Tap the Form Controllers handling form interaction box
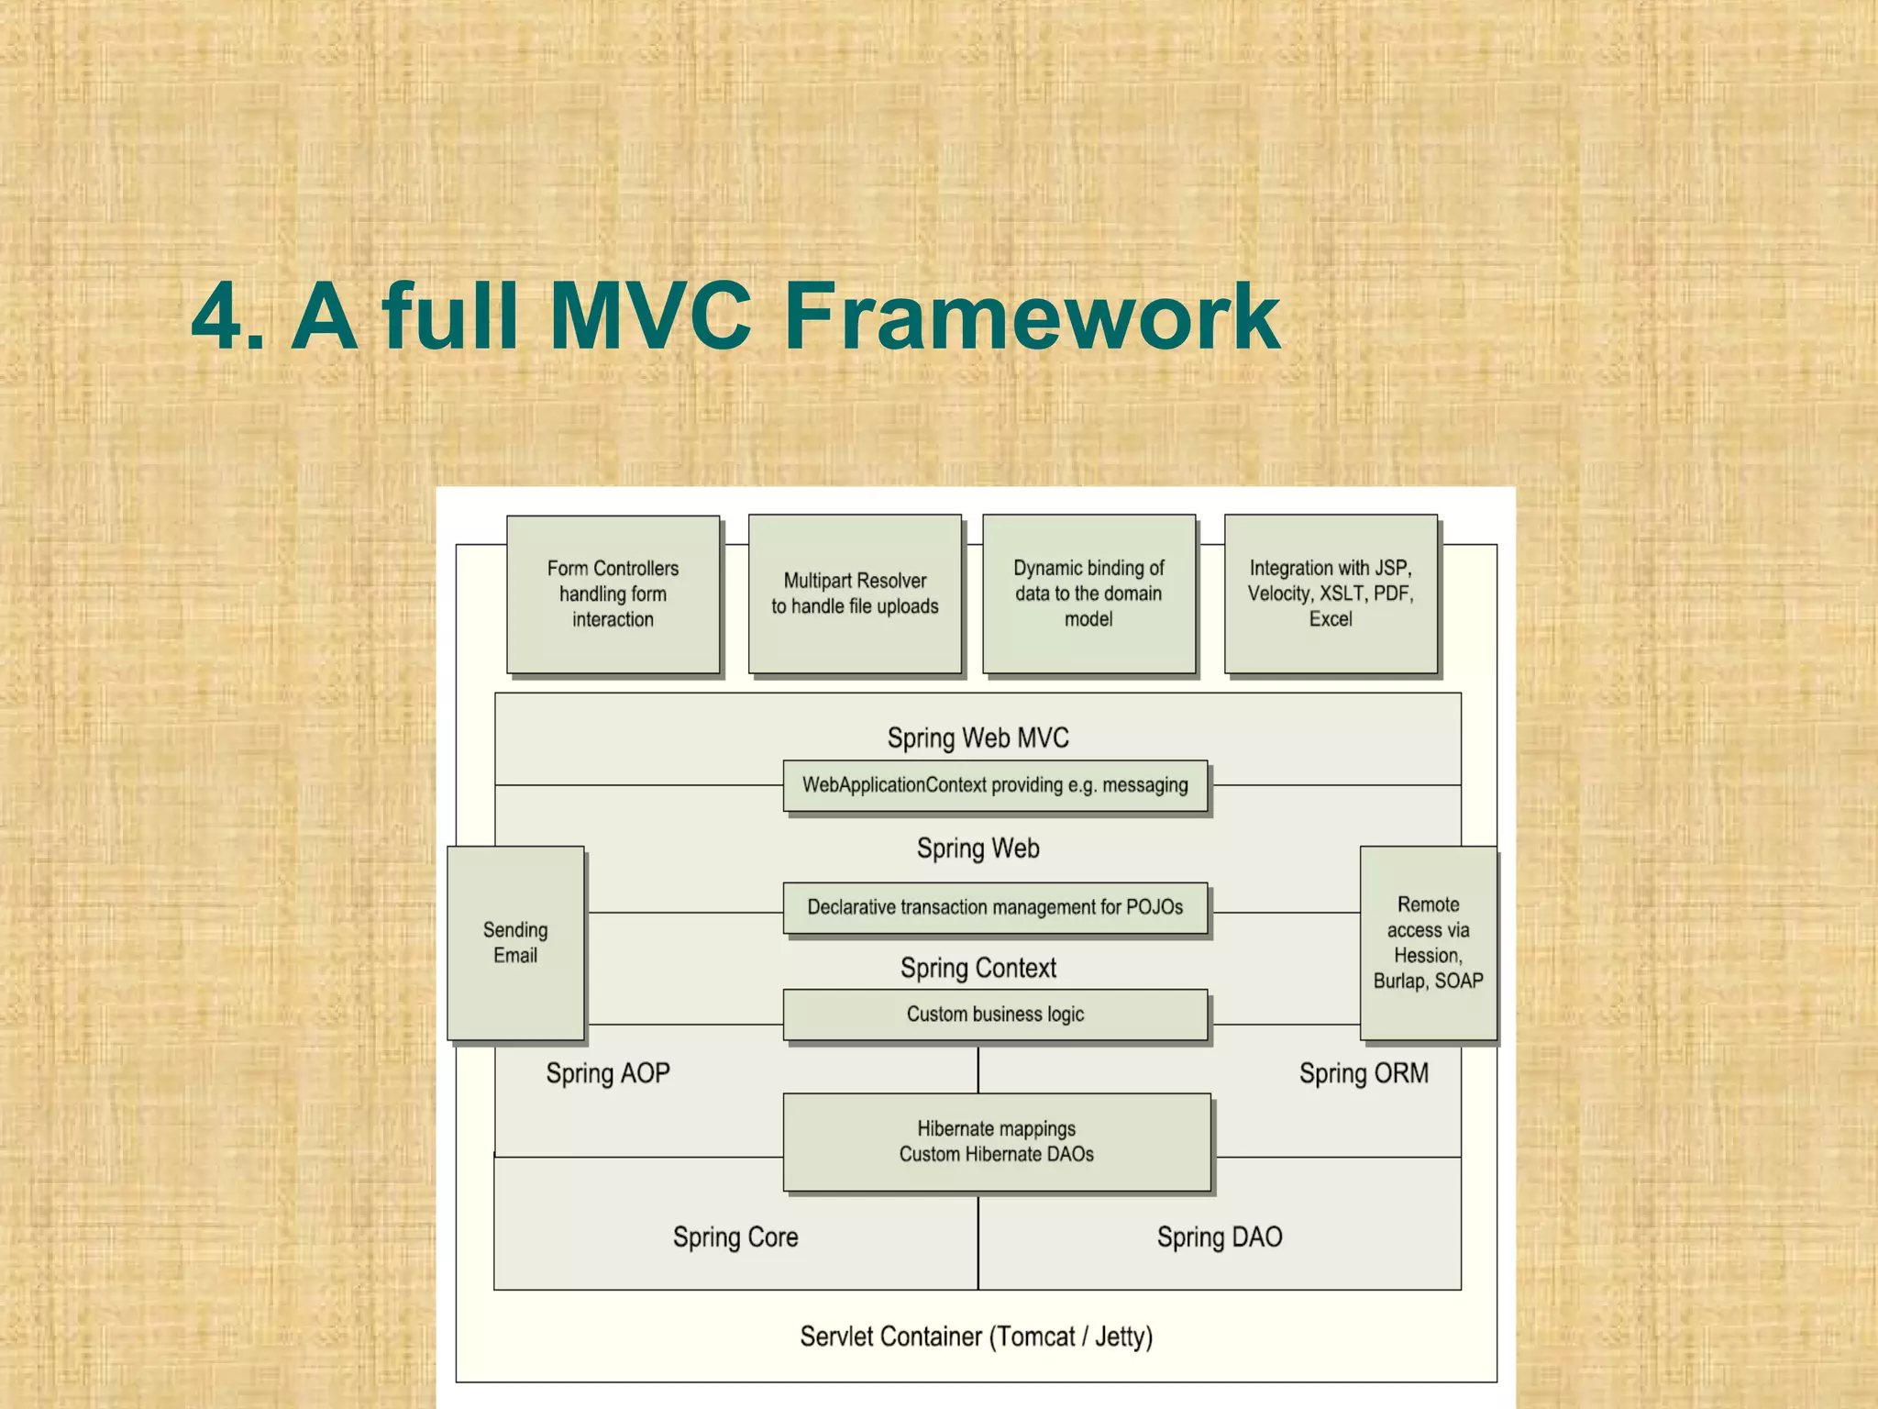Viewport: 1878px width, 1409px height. tap(613, 594)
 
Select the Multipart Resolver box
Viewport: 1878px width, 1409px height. tap(855, 594)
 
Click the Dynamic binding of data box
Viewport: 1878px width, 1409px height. tap(1088, 594)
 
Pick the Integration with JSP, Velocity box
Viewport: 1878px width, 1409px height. tap(1331, 594)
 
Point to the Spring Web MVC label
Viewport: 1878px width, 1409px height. tap(978, 738)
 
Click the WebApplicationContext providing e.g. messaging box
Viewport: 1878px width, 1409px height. tap(995, 785)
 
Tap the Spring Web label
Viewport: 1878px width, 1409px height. tap(978, 848)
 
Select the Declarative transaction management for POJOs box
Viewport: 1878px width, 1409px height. tap(995, 907)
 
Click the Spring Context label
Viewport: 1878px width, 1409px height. tap(978, 968)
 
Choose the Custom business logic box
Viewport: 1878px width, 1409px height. tap(995, 1015)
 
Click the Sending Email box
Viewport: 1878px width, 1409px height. tap(515, 943)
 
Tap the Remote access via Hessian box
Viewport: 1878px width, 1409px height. tap(1428, 943)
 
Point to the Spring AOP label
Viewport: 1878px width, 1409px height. tap(608, 1073)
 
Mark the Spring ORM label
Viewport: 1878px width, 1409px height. tap(1364, 1073)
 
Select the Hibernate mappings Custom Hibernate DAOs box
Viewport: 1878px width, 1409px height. tap(997, 1142)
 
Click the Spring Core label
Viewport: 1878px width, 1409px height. tap(735, 1237)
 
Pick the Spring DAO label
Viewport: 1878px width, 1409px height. tap(1219, 1237)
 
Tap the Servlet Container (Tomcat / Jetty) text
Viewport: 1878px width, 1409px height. tap(976, 1337)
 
